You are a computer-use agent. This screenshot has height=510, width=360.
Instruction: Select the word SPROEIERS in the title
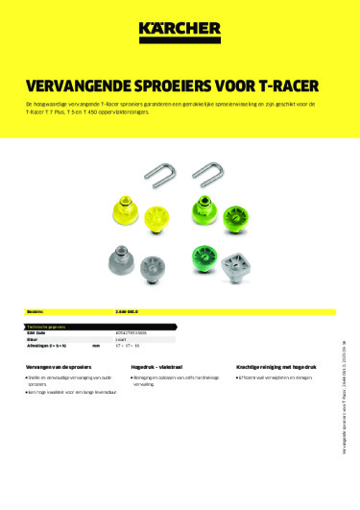177,84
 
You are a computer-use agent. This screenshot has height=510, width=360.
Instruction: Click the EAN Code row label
36,334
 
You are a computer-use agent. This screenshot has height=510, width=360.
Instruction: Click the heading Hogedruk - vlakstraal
159,368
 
